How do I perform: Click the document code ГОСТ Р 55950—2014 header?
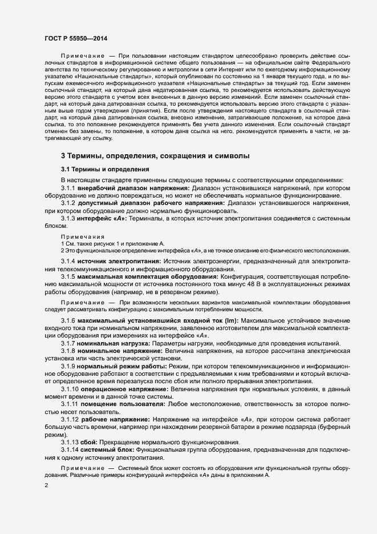pos(75,38)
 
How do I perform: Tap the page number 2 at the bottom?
pos(46,485)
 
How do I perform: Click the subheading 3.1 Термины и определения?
pos(105,170)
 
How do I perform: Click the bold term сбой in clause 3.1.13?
pos(90,442)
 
